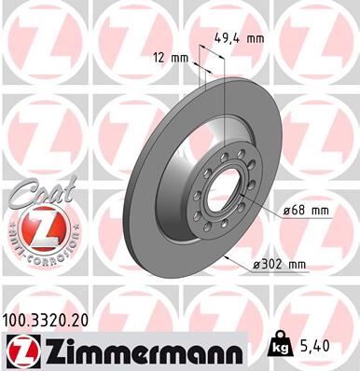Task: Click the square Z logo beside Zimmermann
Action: tap(20, 350)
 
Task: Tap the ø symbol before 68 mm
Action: tap(287, 211)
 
